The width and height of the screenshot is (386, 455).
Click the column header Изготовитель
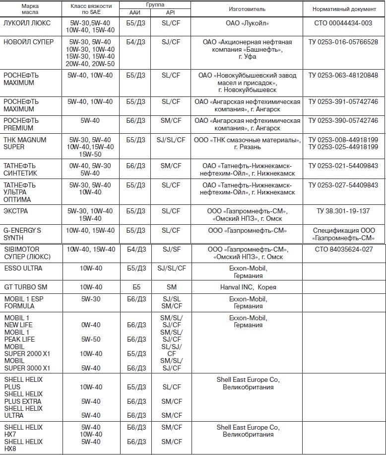tap(247, 9)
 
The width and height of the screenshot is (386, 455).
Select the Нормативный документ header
tap(343, 9)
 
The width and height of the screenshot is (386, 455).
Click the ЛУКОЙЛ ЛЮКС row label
tap(25, 23)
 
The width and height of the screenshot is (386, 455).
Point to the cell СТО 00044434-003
tap(343, 23)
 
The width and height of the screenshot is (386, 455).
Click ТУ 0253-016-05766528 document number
tap(343, 42)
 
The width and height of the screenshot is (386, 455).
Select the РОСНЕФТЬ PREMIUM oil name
tap(20, 124)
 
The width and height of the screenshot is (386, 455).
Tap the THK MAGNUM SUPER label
tap(25, 143)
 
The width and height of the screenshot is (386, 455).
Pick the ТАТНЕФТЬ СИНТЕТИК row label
tap(20, 169)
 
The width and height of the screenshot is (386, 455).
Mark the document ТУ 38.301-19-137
tap(343, 211)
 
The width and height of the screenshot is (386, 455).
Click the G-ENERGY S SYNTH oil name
tap(22, 234)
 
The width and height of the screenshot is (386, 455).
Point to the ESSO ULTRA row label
tap(23, 269)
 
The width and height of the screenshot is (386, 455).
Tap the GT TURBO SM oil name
tap(25, 287)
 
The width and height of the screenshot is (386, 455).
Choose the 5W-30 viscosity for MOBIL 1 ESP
tap(91, 299)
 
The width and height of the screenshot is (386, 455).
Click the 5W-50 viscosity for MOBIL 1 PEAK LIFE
tap(91, 339)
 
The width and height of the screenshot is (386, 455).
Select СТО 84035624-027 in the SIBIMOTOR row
tap(343, 249)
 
